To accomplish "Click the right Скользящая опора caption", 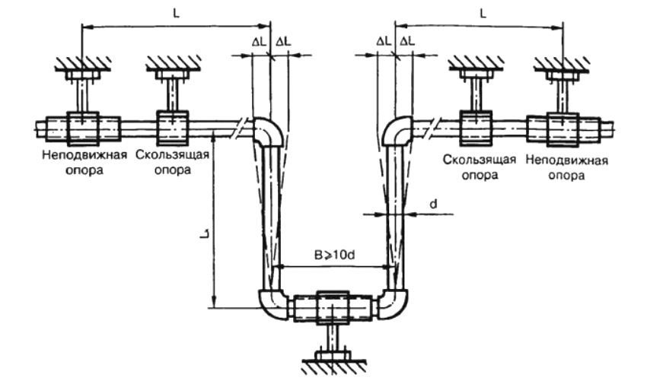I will click(x=480, y=167).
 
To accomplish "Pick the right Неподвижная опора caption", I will click(x=569, y=167).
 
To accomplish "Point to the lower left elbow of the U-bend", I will click(x=272, y=304).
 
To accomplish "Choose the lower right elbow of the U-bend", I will click(x=393, y=304).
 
